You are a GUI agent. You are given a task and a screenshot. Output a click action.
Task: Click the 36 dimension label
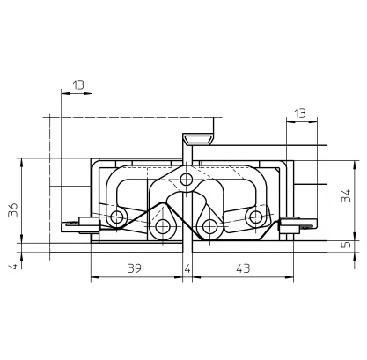point(13,209)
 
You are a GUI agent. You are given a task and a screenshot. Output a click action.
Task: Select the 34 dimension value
point(346,195)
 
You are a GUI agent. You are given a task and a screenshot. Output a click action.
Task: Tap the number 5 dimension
point(347,244)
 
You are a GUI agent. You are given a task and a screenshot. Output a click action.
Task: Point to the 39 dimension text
point(135,268)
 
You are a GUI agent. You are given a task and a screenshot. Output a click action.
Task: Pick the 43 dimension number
point(243,268)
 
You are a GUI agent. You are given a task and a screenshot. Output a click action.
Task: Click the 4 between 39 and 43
point(187,268)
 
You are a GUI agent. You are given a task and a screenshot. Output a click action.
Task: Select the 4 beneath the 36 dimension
point(13,267)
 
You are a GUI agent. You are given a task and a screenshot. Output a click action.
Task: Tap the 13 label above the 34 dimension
point(300,114)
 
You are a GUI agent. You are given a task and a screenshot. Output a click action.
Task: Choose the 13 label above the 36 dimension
point(78,85)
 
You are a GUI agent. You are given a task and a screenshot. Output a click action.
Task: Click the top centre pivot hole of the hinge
point(187,180)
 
